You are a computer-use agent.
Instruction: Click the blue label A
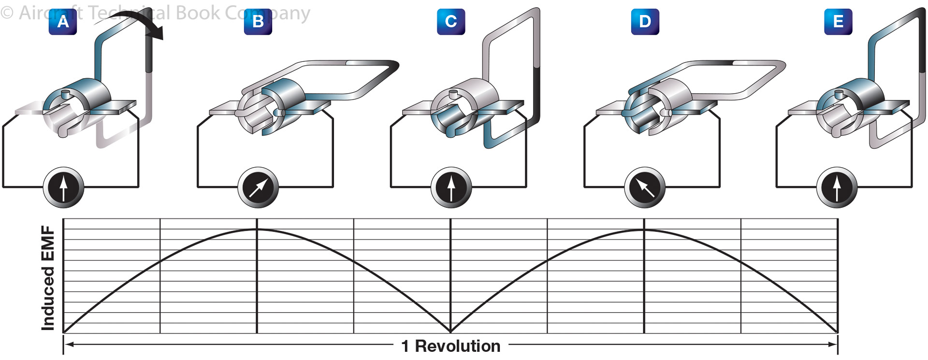(x=63, y=22)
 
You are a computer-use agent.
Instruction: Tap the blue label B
(x=258, y=22)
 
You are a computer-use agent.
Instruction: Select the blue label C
(x=451, y=22)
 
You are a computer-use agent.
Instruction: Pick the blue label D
(x=645, y=22)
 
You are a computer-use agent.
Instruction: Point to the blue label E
(x=838, y=22)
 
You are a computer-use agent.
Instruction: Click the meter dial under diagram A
(x=64, y=187)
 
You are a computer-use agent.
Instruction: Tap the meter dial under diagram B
(x=258, y=187)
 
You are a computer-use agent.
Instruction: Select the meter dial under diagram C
(x=451, y=187)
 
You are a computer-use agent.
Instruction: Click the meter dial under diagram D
(x=645, y=187)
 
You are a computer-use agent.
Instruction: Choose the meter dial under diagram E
(x=837, y=187)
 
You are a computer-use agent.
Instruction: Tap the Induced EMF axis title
(x=48, y=278)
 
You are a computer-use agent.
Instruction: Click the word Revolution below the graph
(x=457, y=346)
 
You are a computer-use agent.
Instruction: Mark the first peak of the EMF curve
(x=257, y=229)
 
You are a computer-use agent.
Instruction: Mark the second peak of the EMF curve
(x=644, y=229)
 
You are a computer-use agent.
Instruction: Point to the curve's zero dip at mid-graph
(x=450, y=332)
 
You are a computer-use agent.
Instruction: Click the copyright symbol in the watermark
(x=7, y=13)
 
